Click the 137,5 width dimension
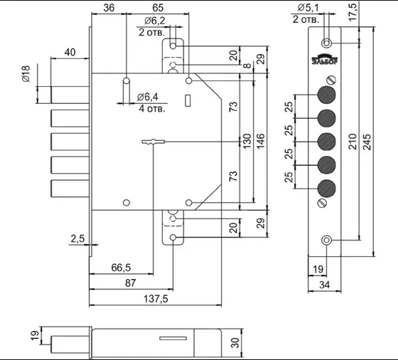coord(156,299)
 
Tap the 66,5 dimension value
coord(121,268)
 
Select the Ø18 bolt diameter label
coord(26,74)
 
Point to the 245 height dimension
coord(367,142)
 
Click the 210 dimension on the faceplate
coord(353,142)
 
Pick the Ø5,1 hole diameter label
coord(308,8)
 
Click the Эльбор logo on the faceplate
coord(325,59)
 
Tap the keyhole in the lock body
coord(154,142)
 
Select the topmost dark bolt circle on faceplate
coord(326,95)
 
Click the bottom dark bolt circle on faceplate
coord(326,189)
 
